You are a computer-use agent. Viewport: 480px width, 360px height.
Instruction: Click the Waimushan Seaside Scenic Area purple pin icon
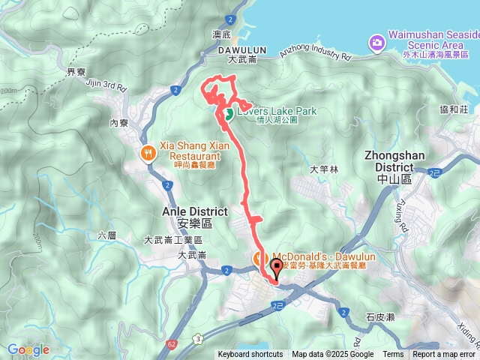click(375, 43)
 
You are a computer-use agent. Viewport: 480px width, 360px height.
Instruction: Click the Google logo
click(28, 349)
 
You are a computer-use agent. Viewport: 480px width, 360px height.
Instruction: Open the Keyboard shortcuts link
click(250, 355)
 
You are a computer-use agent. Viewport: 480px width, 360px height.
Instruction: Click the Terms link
click(393, 355)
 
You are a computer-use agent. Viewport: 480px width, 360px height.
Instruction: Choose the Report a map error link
click(444, 355)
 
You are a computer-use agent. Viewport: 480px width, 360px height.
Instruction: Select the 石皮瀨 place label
click(381, 317)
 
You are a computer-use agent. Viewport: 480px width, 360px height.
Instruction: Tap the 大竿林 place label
click(324, 169)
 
